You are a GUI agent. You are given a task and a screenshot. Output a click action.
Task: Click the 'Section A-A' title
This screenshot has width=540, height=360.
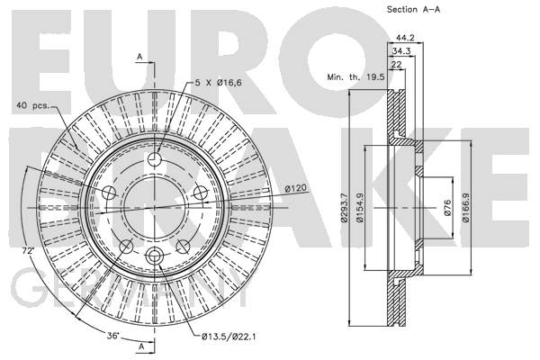pyautogui.click(x=413, y=10)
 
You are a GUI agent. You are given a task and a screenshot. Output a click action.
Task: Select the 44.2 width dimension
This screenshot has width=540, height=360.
pyautogui.click(x=405, y=38)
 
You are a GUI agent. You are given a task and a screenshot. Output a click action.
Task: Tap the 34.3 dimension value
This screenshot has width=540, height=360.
pyautogui.click(x=401, y=51)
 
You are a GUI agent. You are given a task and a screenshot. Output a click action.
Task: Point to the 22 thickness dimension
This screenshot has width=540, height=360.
pyautogui.click(x=397, y=65)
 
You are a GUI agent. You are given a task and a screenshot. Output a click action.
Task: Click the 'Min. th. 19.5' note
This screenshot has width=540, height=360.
pyautogui.click(x=355, y=76)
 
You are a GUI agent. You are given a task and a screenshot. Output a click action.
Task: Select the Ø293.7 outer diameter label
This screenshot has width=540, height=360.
pyautogui.click(x=344, y=207)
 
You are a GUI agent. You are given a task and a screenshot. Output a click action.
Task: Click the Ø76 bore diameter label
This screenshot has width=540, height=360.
pyautogui.click(x=447, y=207)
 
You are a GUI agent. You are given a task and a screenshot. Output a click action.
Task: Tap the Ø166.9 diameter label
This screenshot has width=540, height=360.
pyautogui.click(x=466, y=207)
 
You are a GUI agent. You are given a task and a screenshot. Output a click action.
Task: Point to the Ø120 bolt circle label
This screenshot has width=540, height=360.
pyautogui.click(x=296, y=188)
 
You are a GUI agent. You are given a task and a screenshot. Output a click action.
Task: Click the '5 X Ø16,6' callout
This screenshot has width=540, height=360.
pyautogui.click(x=219, y=83)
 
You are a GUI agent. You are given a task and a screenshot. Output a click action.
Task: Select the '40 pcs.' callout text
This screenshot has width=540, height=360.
pyautogui.click(x=33, y=105)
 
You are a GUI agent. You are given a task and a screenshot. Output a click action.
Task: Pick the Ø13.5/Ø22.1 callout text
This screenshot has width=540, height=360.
pyautogui.click(x=229, y=337)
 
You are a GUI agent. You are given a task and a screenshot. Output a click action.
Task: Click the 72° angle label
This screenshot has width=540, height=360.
pyautogui.click(x=28, y=251)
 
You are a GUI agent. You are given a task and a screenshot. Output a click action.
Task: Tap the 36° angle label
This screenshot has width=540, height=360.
pyautogui.click(x=113, y=335)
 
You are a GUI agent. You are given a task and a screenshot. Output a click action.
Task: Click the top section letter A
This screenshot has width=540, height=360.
pyautogui.click(x=139, y=57)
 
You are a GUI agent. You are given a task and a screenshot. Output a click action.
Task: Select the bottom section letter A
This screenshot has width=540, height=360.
pyautogui.click(x=141, y=346)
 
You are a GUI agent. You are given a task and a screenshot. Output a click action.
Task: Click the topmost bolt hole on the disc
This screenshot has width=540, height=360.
pyautogui.click(x=155, y=158)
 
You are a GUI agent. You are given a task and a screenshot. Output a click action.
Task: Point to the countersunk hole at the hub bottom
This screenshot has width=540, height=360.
pyautogui.click(x=154, y=256)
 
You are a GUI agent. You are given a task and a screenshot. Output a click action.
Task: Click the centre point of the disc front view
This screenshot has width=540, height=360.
pyautogui.click(x=155, y=208)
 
